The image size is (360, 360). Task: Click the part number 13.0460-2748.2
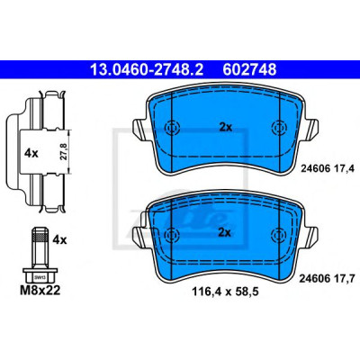[x=147, y=69]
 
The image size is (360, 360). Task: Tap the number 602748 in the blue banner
[x=249, y=69]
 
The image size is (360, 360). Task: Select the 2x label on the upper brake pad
[x=226, y=128]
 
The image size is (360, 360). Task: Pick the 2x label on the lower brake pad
[x=224, y=232]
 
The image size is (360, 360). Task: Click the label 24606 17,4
[x=328, y=169]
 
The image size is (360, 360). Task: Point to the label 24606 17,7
[x=327, y=279]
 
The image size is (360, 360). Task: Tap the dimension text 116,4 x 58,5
[x=225, y=292]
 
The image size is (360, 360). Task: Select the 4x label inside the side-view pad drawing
[x=31, y=154]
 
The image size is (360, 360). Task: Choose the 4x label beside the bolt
[x=59, y=240]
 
